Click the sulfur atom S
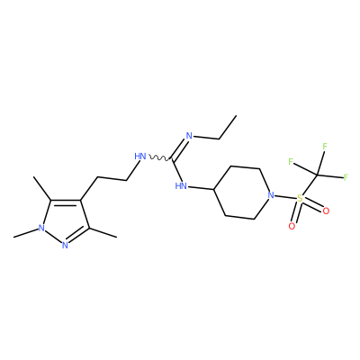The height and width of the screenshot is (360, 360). pos(299,198)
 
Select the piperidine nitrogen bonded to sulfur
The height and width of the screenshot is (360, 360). pos(271,195)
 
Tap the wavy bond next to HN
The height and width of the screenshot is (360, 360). pos(159,157)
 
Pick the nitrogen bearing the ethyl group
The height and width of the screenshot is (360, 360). pos(189,136)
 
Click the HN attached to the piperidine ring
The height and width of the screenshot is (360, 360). pos(181,186)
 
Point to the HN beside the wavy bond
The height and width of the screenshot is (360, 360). pos(140,157)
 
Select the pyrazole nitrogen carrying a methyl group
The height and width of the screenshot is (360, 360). pos(41,229)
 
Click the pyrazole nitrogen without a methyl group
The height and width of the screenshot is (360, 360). pos(65,246)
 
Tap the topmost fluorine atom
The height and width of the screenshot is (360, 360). pos(324,147)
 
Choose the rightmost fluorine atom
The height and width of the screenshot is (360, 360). pos(346,177)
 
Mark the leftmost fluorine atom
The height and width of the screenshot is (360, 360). pos(291,162)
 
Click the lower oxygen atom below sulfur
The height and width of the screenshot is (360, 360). pos(292,226)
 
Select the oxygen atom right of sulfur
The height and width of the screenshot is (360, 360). pos(326,211)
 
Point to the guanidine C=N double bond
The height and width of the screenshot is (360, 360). pos(179,148)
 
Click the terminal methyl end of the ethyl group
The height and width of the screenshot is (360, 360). pos(236,115)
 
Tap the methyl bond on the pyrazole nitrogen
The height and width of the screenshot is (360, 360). pos(26,233)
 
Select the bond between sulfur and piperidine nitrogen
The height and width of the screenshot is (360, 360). pos(285,197)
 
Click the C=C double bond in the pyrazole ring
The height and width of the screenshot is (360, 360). pos(66,202)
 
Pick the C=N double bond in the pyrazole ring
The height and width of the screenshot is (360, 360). pos(78,236)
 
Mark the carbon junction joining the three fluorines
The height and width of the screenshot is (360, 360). pos(317,175)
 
